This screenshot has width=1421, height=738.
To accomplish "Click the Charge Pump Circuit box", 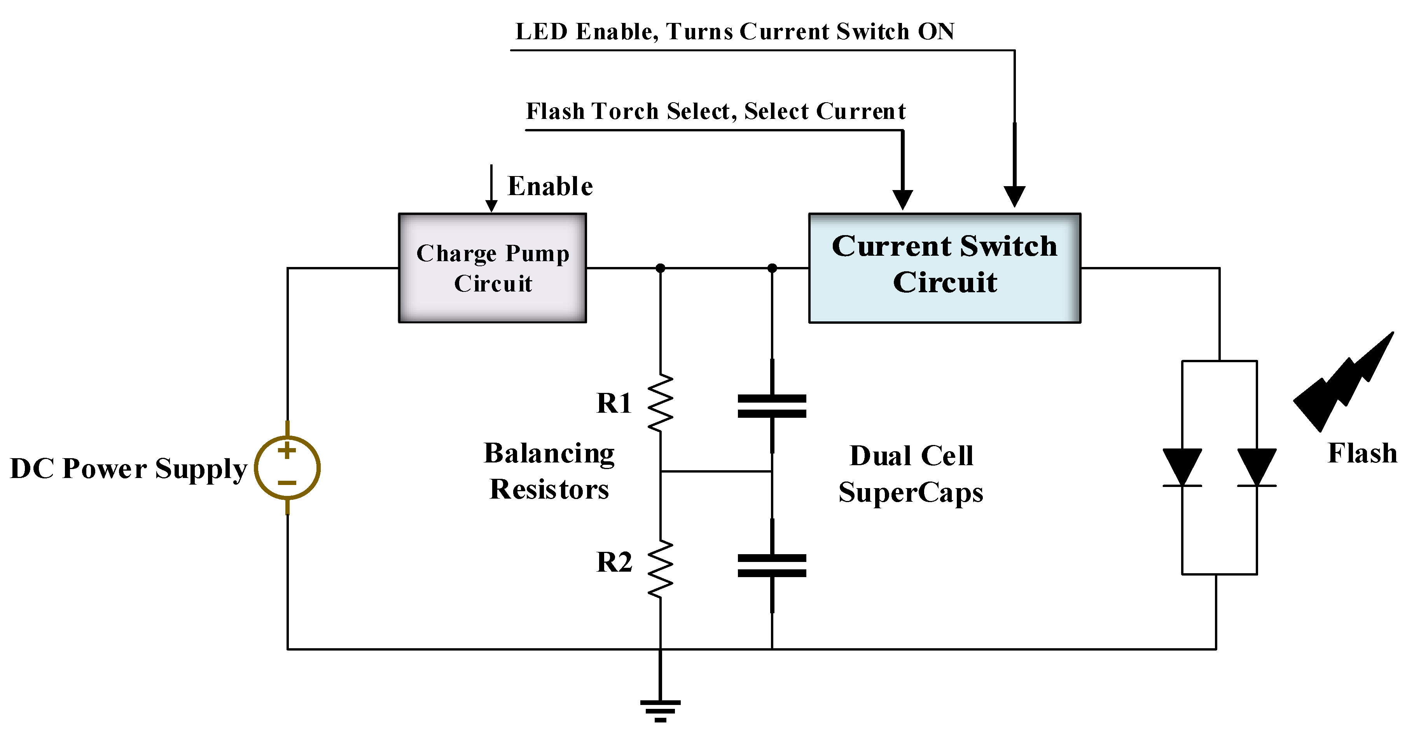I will [492, 268].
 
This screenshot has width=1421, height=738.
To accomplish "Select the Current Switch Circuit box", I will [944, 268].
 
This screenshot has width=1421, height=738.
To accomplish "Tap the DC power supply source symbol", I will [287, 468].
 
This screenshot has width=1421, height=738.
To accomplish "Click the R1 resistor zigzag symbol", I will [660, 403].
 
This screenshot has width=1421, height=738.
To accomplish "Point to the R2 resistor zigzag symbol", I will [660, 569].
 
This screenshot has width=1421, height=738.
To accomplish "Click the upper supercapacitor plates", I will [772, 406].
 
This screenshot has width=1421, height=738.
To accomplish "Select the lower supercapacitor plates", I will [772, 565].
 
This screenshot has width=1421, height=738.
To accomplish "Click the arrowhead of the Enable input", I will [491, 206].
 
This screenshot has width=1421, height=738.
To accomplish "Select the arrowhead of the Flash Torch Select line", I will [902, 199].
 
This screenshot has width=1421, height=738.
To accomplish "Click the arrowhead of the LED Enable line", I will [1014, 196].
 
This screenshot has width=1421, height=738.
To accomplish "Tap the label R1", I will [614, 403].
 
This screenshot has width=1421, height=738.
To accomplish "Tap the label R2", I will [614, 563].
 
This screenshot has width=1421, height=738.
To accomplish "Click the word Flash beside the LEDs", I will [1362, 454].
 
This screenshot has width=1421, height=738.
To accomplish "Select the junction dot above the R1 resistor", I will [660, 268].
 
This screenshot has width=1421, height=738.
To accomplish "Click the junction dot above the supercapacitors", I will [772, 268].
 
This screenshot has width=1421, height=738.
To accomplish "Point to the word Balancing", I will [549, 454].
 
